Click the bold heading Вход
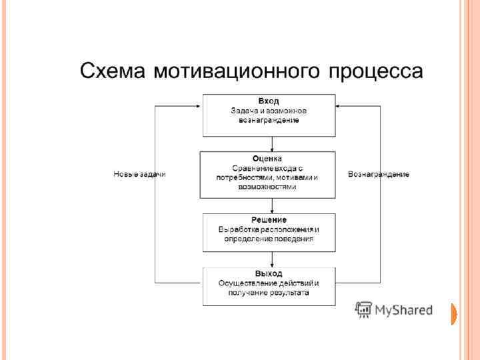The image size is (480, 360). coord(269,100)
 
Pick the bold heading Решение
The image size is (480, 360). coord(269,219)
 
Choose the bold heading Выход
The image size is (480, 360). coord(269,273)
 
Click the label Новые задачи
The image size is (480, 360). coord(139,174)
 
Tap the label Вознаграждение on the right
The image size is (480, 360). coord(379,174)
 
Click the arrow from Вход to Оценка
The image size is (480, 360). coord(272,144)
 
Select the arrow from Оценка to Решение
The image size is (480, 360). coord(272,205)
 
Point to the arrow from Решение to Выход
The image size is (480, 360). coord(272,259)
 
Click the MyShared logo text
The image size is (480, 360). coord(403,310)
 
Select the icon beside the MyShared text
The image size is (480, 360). coord(363,310)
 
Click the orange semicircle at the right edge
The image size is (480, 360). coord(455,314)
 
